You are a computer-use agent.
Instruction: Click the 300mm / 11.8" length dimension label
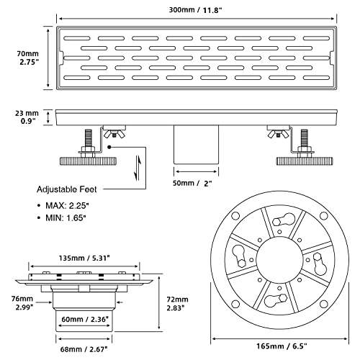click(x=196, y=10)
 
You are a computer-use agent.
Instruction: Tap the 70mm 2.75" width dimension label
click(x=28, y=58)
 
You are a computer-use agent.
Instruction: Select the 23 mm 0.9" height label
click(x=27, y=117)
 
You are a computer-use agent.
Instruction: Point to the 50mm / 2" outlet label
click(x=192, y=184)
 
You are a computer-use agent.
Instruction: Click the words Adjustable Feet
click(x=67, y=189)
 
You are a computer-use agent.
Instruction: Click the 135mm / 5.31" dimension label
click(x=84, y=258)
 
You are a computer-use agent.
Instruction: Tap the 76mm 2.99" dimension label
click(x=22, y=303)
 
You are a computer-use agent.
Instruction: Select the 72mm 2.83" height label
click(x=177, y=304)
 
